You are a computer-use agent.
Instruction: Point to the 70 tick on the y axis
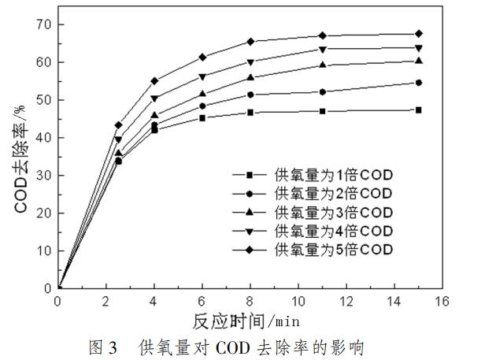point(45,24)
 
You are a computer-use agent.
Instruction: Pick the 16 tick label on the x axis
point(441,301)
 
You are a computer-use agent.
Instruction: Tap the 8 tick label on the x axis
point(250,301)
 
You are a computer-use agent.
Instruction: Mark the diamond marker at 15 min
point(418,34)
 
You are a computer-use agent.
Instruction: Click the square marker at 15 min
point(418,109)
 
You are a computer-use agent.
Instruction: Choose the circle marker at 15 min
point(418,82)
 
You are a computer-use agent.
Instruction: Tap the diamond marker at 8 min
point(250,41)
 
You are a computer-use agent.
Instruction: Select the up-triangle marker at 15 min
point(418,61)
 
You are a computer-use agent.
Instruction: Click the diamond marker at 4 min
point(154,80)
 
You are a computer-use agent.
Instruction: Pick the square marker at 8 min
point(250,113)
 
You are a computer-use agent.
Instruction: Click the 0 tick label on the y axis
point(49,288)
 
